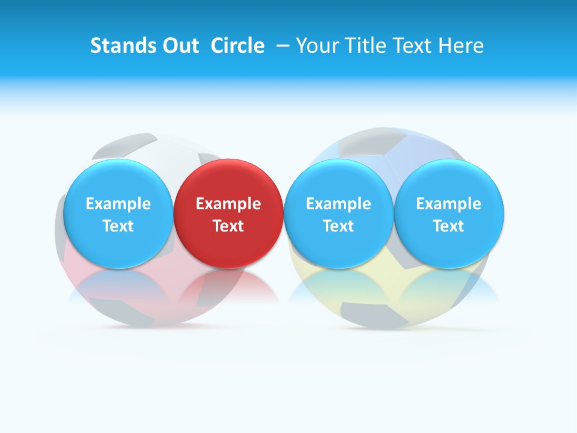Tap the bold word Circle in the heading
(x=237, y=46)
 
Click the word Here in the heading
(x=463, y=46)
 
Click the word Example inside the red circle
(x=228, y=204)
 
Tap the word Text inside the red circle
(x=228, y=226)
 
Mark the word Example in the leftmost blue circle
(x=118, y=204)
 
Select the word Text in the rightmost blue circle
(x=448, y=226)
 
